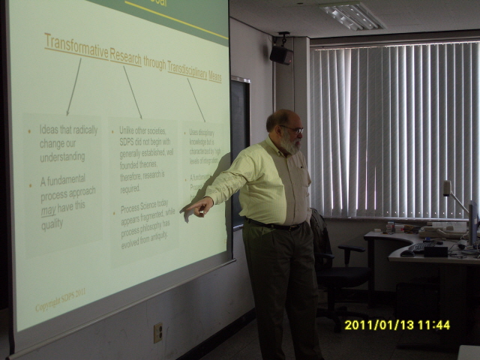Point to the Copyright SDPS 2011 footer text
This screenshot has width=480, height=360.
click(x=66, y=307)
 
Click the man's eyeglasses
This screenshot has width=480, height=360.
click(x=292, y=130)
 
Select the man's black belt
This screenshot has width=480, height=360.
click(x=274, y=224)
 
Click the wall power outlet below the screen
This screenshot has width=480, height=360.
click(x=157, y=332)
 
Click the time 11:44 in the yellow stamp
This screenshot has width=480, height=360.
click(x=434, y=325)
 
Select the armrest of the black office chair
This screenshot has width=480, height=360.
click(x=350, y=248)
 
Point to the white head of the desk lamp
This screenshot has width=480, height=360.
click(x=446, y=187)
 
